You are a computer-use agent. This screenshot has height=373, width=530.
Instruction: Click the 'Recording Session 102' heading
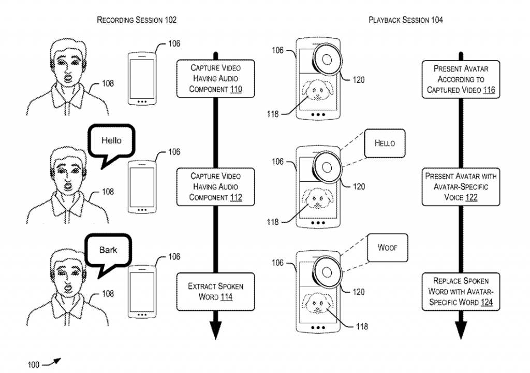[137, 20]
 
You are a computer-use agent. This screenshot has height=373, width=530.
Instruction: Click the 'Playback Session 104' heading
[406, 20]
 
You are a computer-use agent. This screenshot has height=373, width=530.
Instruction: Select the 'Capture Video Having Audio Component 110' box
[216, 79]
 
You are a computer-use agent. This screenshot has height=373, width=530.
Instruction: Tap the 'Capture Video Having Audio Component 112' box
[216, 187]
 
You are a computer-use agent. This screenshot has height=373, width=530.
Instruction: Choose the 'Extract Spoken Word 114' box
[216, 292]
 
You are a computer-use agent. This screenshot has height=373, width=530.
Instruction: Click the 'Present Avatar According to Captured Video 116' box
[461, 80]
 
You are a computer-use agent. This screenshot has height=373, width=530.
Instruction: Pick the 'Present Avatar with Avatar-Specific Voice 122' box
[461, 187]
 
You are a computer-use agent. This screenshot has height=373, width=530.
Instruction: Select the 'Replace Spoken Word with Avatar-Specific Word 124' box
[461, 292]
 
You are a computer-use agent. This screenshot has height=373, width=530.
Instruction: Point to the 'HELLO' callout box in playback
[385, 143]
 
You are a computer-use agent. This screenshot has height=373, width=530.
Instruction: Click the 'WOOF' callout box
[387, 248]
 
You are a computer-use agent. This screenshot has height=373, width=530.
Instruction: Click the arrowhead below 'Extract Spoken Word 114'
[216, 329]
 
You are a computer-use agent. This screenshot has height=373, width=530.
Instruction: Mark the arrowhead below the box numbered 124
[461, 329]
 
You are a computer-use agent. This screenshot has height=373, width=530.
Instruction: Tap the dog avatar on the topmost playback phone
[317, 90]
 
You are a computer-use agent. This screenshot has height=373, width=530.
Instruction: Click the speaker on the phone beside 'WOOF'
[327, 272]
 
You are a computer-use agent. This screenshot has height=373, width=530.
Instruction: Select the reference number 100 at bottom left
[34, 365]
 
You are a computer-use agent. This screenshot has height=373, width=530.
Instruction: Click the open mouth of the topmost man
[68, 79]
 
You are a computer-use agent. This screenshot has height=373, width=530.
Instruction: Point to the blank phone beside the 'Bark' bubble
[142, 292]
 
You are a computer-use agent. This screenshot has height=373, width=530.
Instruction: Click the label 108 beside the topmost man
[108, 83]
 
